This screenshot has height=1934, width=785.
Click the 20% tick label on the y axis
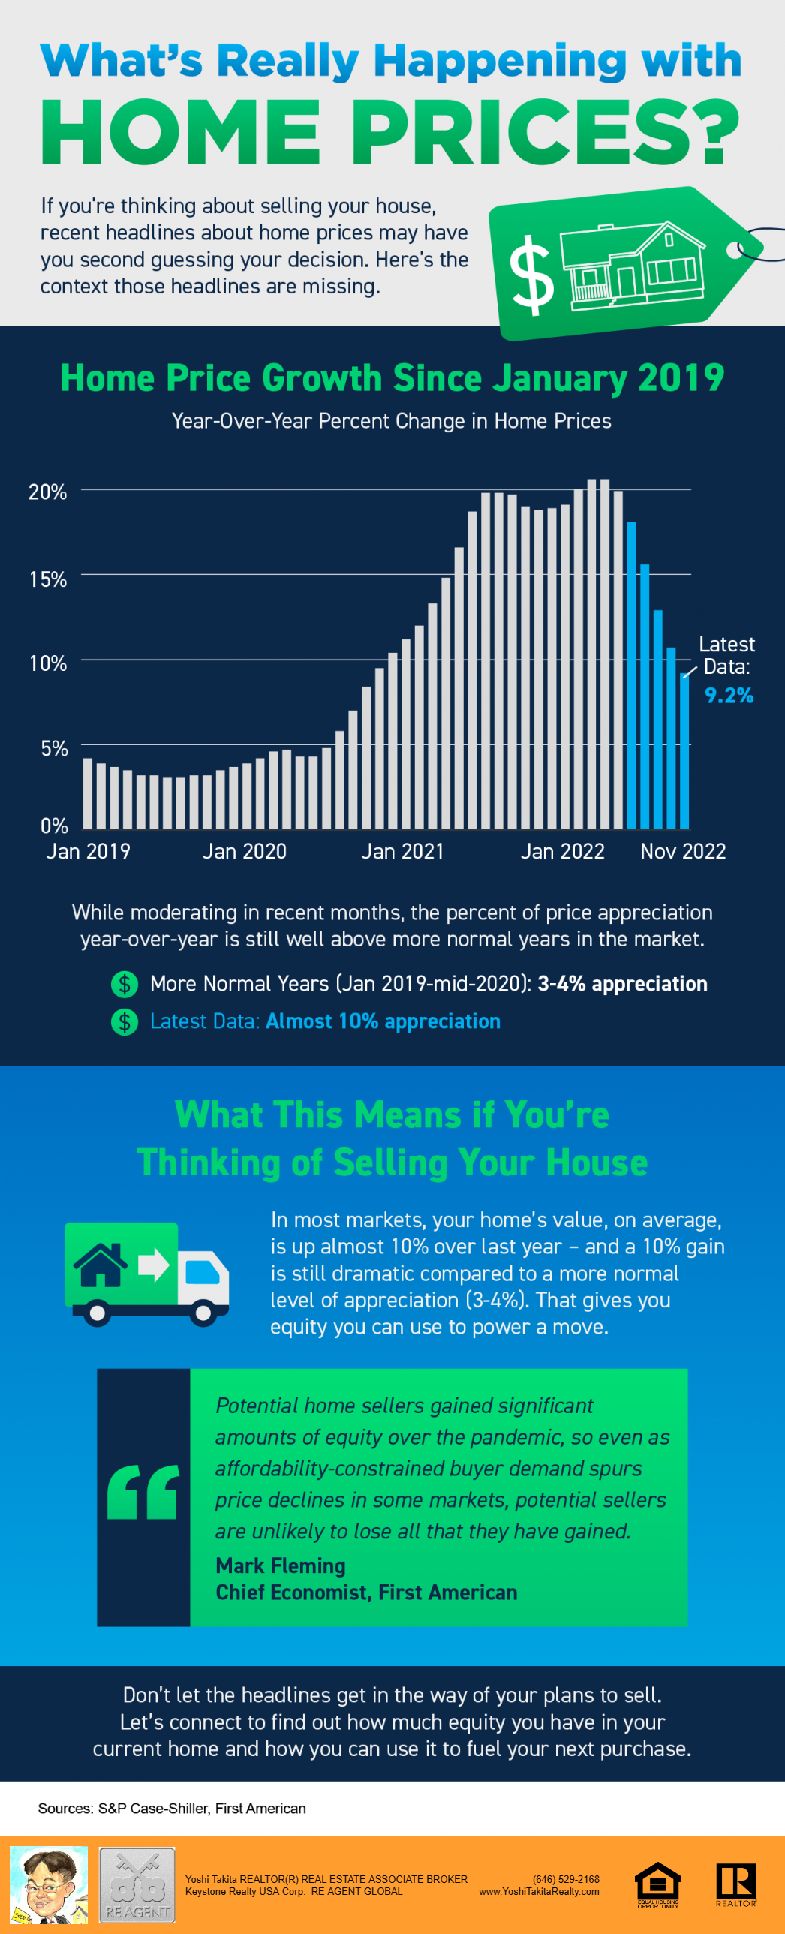pyautogui.click(x=47, y=492)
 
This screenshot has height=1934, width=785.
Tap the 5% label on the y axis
pyautogui.click(x=54, y=747)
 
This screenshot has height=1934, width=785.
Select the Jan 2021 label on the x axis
pyautogui.click(x=402, y=850)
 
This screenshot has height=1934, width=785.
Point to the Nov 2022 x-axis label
pyautogui.click(x=682, y=850)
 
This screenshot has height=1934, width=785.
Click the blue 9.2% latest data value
pyautogui.click(x=728, y=695)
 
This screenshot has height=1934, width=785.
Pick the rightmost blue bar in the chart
pyautogui.click(x=684, y=750)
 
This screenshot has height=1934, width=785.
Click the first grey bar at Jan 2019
pyautogui.click(x=88, y=793)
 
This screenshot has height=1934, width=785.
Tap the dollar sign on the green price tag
pyautogui.click(x=531, y=275)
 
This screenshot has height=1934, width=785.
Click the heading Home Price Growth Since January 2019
pyautogui.click(x=392, y=377)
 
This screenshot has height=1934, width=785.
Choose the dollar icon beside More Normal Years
pyautogui.click(x=125, y=984)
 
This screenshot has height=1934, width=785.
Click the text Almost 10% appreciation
pyautogui.click(x=383, y=1021)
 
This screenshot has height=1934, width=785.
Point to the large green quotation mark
pyautogui.click(x=143, y=1492)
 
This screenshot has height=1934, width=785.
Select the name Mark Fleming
pyautogui.click(x=281, y=1566)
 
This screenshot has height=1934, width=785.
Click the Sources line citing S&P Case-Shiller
pyautogui.click(x=172, y=1809)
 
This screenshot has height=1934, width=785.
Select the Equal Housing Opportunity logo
pyautogui.click(x=657, y=1884)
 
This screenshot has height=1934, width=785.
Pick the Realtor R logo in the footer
pyautogui.click(x=735, y=1884)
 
